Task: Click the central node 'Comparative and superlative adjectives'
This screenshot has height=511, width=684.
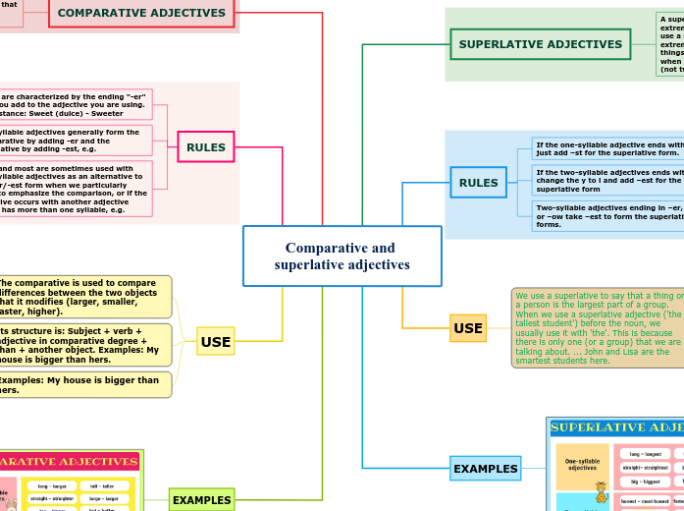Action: (342, 256)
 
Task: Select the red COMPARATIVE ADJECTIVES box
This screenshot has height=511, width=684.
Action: (141, 13)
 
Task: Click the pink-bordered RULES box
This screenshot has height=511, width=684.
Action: (205, 147)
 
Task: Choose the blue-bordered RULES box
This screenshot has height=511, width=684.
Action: (478, 183)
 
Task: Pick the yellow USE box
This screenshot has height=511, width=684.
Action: (215, 342)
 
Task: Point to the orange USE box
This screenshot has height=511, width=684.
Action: (467, 328)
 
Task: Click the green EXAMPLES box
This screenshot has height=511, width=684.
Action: (201, 500)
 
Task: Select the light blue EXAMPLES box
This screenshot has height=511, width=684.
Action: (485, 469)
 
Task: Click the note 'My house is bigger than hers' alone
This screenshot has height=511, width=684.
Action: (84, 384)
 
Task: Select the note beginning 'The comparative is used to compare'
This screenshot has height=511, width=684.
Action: (84, 297)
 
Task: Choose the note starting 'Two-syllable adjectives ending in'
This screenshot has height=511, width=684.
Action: (606, 217)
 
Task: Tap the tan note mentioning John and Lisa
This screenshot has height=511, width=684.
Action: (597, 328)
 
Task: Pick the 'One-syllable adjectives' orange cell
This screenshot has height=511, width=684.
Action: (582, 467)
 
